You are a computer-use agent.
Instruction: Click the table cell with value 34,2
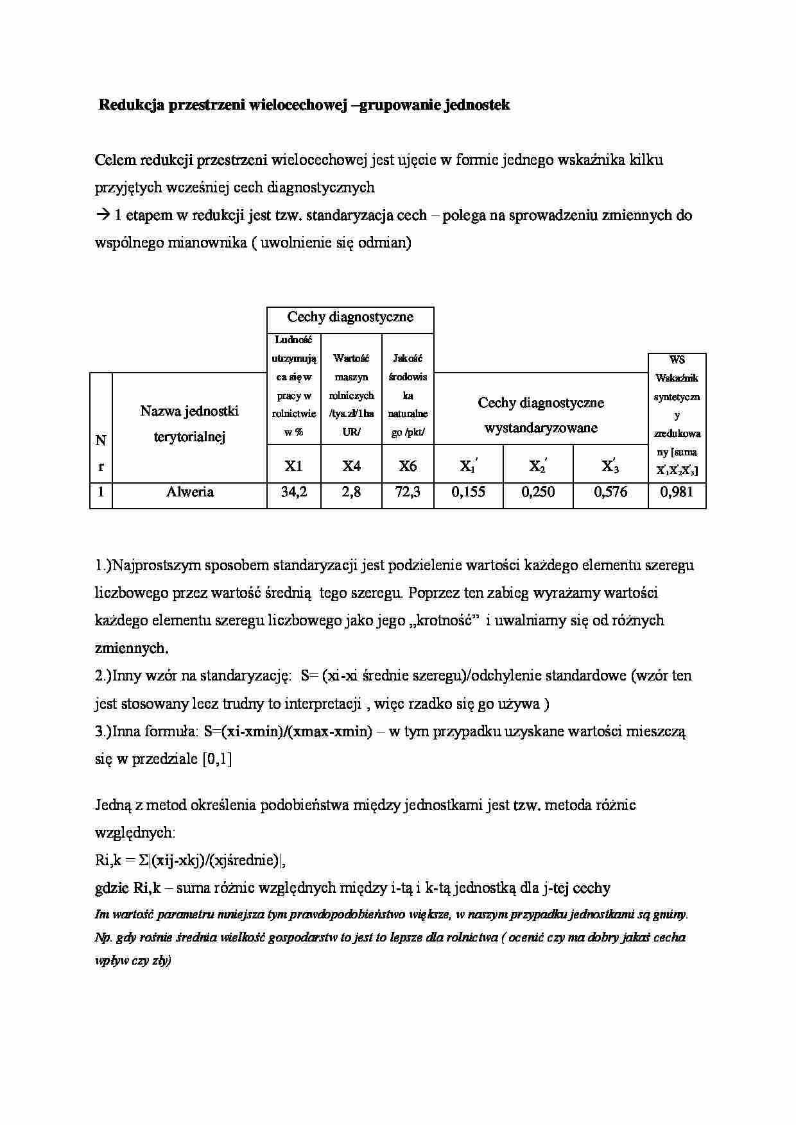[293, 493]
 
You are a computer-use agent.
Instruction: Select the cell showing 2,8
[351, 493]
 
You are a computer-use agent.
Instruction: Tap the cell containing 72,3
[408, 493]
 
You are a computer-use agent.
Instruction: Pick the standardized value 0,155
[469, 493]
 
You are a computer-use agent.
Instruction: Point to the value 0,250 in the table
[538, 493]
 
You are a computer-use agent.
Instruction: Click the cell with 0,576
[610, 493]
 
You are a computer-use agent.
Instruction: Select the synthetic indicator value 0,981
[677, 493]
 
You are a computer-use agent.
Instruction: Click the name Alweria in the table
[189, 493]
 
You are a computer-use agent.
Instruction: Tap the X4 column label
[351, 466]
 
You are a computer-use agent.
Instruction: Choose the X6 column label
[408, 466]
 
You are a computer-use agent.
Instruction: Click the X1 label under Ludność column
[293, 466]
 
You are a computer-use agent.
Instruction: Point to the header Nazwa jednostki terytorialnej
[189, 424]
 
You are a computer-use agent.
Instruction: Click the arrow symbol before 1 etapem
[103, 216]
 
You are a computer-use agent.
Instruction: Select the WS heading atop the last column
[677, 360]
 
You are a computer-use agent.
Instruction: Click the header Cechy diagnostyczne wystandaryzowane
[541, 415]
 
